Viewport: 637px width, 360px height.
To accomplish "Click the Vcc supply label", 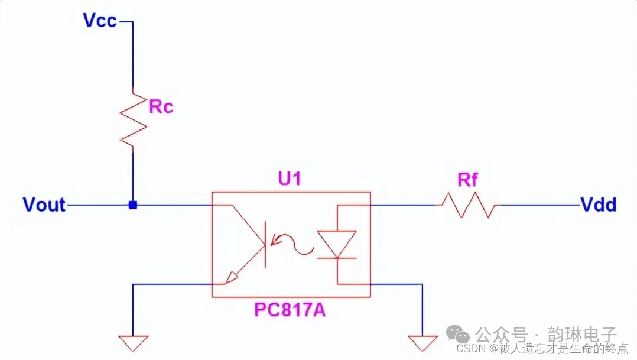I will pos(101,21).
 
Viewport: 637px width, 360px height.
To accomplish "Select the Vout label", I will pos(44,205).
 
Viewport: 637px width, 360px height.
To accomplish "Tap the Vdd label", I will pos(598,205).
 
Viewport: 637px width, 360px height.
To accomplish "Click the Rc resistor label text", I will pos(161,107).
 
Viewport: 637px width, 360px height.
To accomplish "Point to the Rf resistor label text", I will pos(467,180).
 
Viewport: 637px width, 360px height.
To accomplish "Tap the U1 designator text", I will pos(290,179).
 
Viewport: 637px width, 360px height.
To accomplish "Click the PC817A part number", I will pos(290,310).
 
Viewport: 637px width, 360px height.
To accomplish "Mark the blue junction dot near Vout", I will pos(133,205).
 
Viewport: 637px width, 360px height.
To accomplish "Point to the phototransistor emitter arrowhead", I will pos(234,275).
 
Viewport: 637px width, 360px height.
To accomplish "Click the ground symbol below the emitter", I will pos(133,342).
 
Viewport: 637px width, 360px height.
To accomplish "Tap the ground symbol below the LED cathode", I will pos(423,342).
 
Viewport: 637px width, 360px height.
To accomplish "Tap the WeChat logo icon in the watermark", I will pos(461,335).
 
